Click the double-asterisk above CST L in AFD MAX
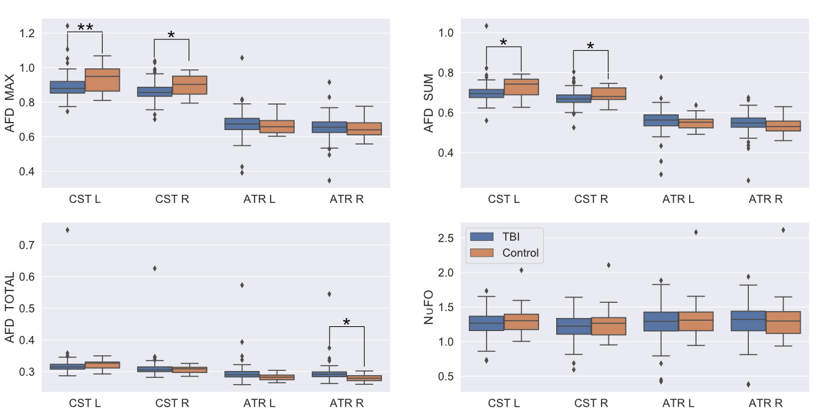85,28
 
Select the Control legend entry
520,253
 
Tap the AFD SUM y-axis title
428,101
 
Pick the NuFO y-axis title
428,307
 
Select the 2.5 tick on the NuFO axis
446,238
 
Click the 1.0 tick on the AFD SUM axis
446,33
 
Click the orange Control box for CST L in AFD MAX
102,80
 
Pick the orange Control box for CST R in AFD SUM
608,94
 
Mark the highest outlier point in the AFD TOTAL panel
67,230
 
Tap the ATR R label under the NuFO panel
766,401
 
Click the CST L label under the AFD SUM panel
504,200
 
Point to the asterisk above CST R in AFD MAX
171,35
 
